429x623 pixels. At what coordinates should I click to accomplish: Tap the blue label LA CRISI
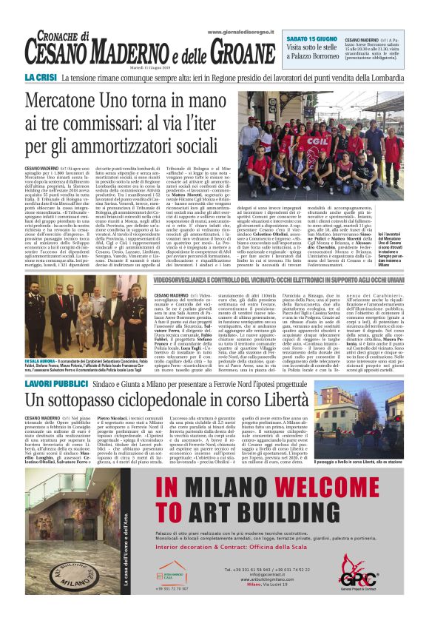41,78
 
